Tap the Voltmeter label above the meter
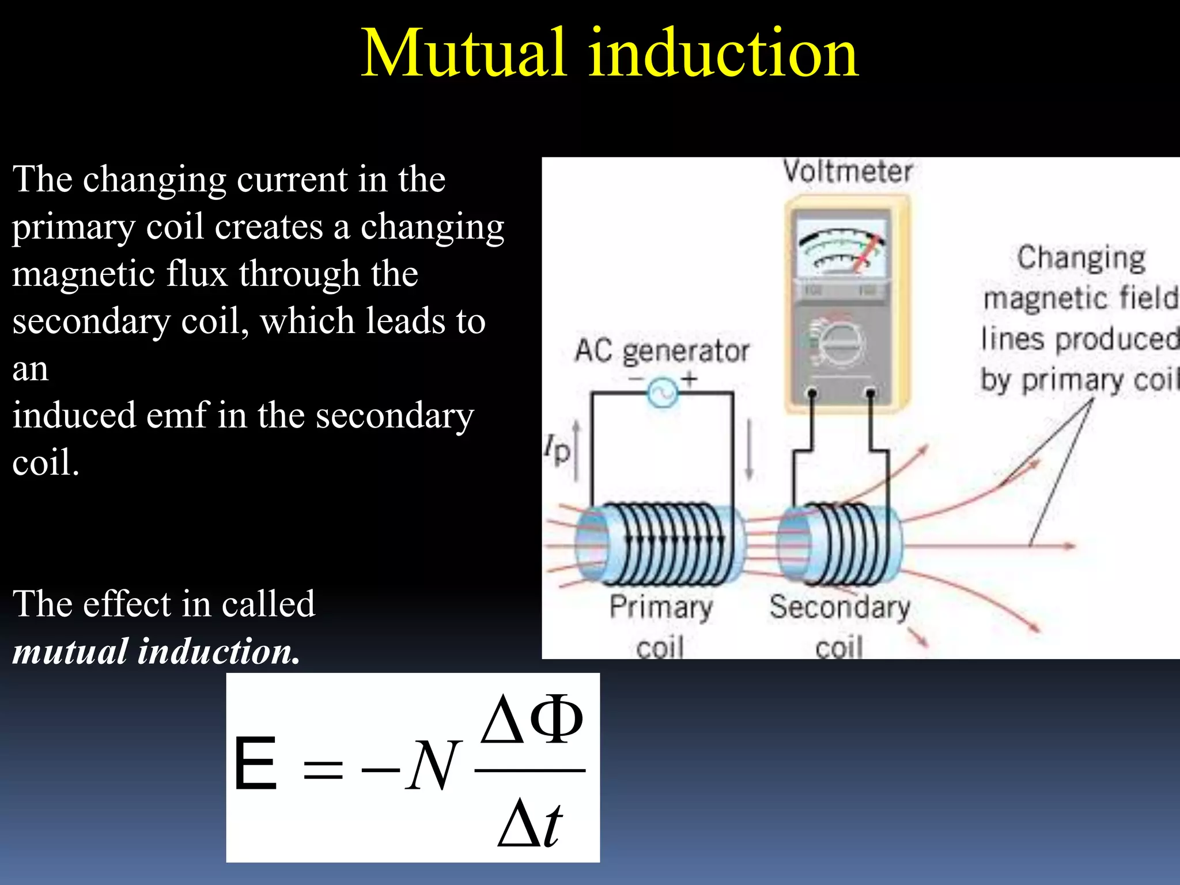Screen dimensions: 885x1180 pos(848,172)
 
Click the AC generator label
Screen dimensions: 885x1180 pos(662,351)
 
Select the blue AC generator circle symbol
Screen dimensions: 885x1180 pos(663,394)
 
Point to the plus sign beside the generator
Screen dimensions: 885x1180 pos(690,379)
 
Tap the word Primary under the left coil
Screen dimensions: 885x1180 pos(661,607)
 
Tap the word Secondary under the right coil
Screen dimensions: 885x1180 pos(839,607)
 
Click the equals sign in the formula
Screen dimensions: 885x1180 pos(323,769)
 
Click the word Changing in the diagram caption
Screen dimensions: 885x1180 pos(1081,258)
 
